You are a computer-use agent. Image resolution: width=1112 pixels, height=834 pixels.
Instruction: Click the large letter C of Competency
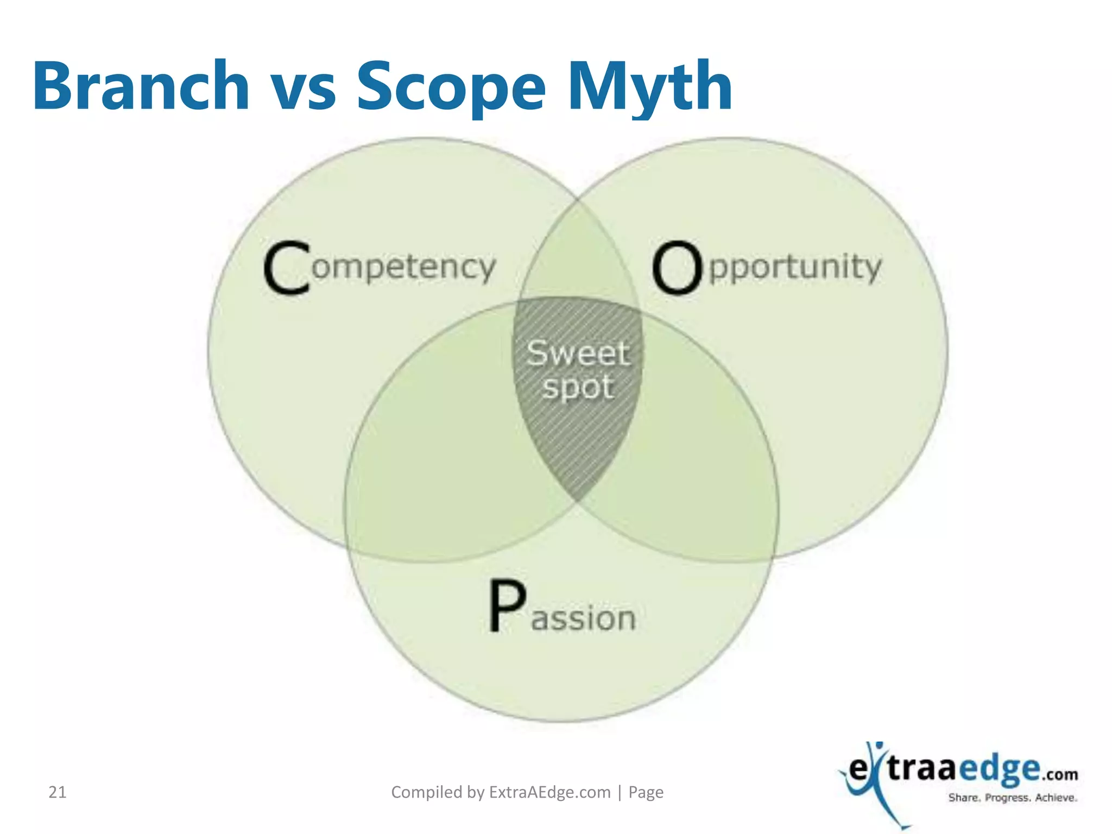[x=287, y=269]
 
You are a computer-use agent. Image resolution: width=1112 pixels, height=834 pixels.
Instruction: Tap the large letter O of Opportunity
[x=676, y=269]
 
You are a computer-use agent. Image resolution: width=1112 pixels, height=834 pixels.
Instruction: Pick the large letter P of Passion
[x=507, y=606]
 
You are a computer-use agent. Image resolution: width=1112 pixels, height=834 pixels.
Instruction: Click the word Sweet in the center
[x=578, y=353]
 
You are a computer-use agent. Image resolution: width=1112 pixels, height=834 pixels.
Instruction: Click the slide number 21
[x=58, y=793]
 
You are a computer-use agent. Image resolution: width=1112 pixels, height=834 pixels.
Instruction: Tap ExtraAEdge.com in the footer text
[x=549, y=793]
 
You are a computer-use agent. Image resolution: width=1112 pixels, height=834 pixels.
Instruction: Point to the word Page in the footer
[x=646, y=793]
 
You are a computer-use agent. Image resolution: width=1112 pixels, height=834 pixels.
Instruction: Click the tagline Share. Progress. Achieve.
[x=1013, y=798]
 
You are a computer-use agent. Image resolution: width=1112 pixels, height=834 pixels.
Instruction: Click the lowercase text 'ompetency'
[x=404, y=268]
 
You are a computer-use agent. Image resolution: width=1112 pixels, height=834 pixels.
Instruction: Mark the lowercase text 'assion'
[x=584, y=619]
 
